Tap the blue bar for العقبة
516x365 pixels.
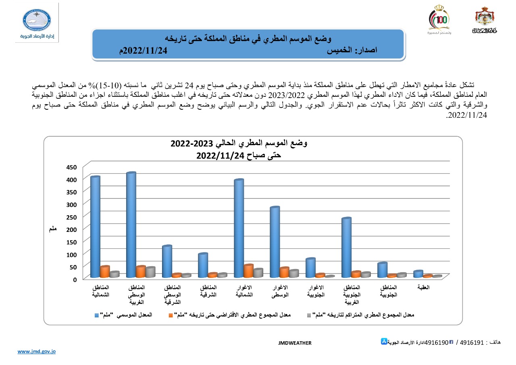(418, 274)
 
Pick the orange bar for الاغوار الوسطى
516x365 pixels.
(284, 273)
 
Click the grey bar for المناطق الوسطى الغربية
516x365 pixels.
(150, 272)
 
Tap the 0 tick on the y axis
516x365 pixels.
(75, 279)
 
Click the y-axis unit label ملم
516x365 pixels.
(52, 229)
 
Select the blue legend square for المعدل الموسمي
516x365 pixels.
(97, 315)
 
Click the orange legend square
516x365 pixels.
(171, 315)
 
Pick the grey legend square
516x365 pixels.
(309, 315)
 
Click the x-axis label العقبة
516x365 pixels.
(424, 288)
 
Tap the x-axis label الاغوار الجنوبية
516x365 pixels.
(316, 291)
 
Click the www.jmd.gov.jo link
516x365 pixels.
(36, 352)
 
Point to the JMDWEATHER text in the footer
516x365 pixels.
(295, 343)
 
